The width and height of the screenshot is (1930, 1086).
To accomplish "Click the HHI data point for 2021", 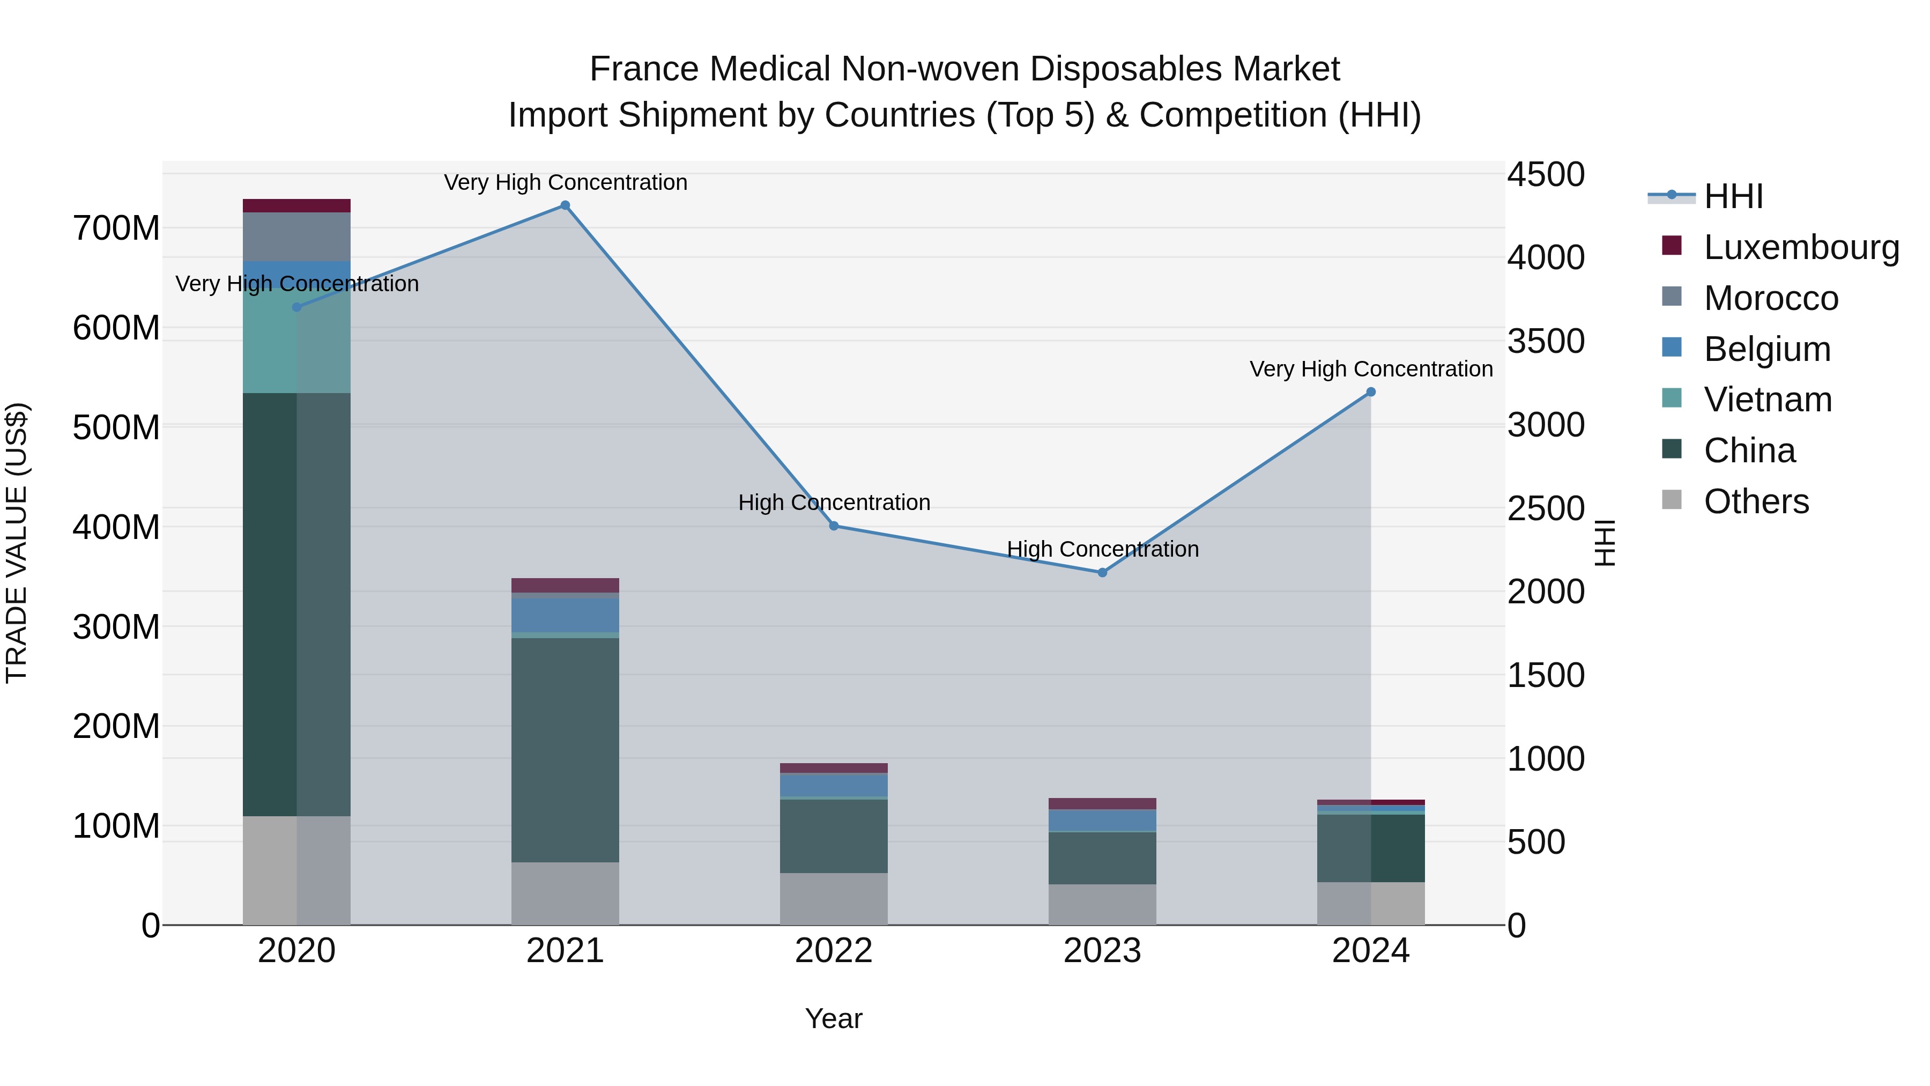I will pos(565,205).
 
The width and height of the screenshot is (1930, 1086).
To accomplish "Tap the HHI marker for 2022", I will pos(834,526).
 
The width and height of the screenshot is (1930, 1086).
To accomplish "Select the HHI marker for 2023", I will pos(1102,573).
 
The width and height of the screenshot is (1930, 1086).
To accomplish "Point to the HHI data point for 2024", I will pos(1370,392).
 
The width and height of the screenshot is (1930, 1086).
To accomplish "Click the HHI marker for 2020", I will pos(296,307).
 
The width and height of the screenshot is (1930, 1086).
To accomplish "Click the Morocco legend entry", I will pos(1770,298).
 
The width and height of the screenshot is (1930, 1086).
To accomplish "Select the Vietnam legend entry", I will pos(1768,400).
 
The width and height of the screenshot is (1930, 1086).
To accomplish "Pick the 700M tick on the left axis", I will pos(116,228).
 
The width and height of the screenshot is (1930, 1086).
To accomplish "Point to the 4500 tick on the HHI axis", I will pos(1546,175).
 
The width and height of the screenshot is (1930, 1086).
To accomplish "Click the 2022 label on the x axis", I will pos(834,951).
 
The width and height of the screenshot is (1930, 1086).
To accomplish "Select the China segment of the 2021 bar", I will pos(565,750).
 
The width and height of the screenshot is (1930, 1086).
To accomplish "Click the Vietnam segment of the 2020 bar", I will pos(296,341).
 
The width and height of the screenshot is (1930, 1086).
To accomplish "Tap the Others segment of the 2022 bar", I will pos(834,899).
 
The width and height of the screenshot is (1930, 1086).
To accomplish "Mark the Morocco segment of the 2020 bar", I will pos(296,237).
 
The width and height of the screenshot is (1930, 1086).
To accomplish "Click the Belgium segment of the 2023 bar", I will pos(1102,821).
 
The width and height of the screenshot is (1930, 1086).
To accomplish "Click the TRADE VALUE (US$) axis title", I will pos(17,543).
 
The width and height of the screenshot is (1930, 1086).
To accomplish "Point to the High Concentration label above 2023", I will pos(1102,549).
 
